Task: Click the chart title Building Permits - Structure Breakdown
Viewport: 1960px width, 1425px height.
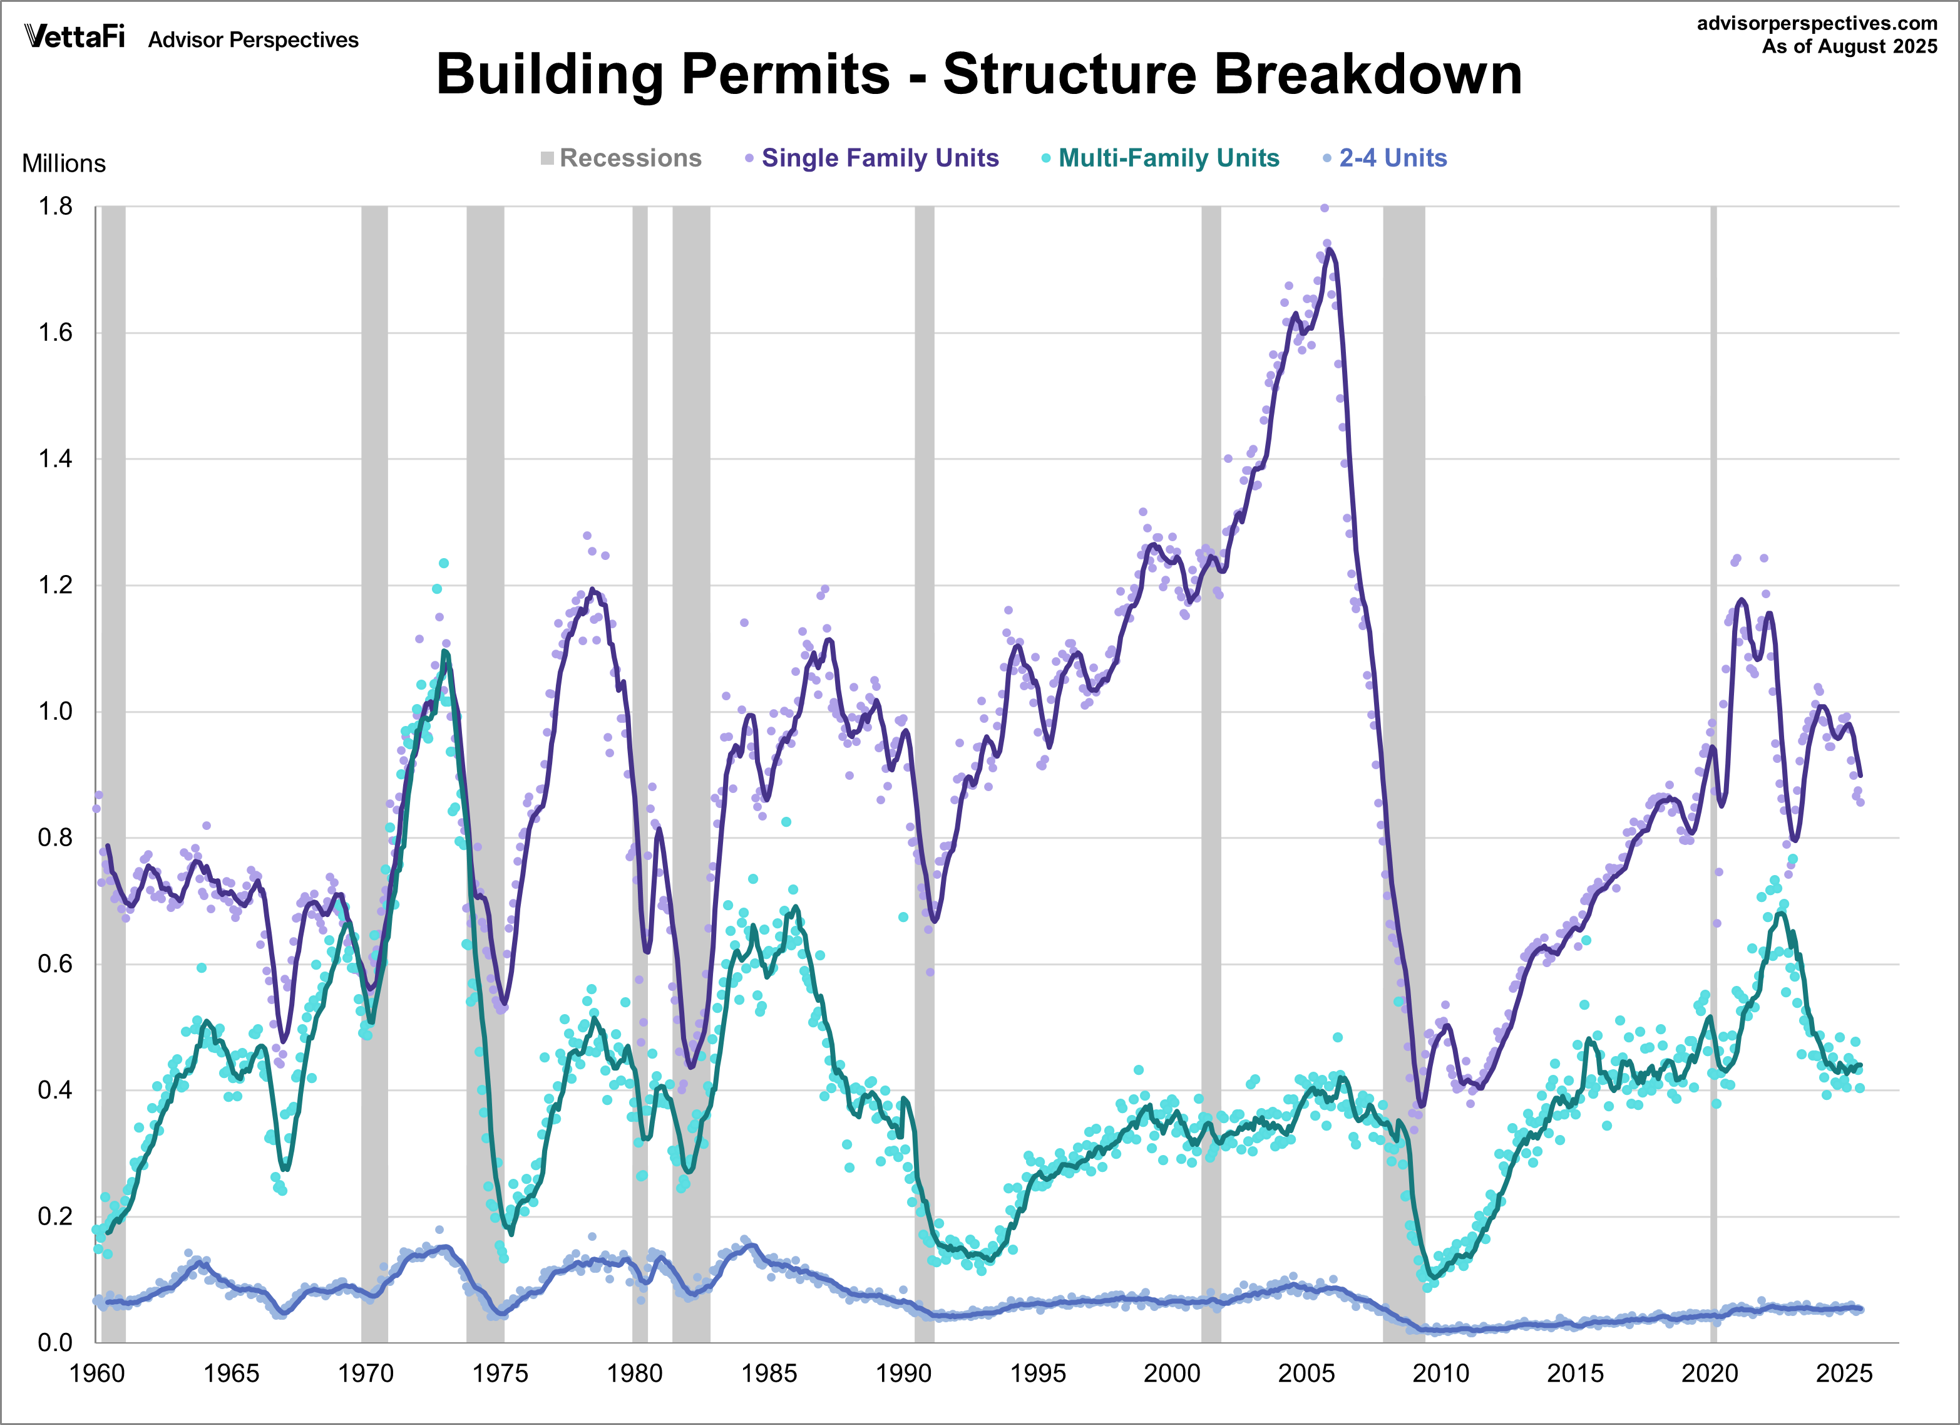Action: tap(978, 75)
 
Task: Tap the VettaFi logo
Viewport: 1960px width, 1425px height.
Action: tap(75, 37)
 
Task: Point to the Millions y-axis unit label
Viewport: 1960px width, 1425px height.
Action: tap(64, 163)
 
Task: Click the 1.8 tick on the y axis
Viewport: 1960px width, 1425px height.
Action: tap(55, 207)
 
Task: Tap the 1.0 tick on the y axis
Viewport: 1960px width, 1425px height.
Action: tap(55, 712)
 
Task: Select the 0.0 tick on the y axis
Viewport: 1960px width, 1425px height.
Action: tap(55, 1343)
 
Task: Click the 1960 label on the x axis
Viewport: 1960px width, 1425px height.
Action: tap(97, 1373)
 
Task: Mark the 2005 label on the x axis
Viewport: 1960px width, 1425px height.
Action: tap(1306, 1373)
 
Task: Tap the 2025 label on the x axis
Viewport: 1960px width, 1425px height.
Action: tap(1844, 1373)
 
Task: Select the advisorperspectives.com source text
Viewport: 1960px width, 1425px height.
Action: tap(1817, 23)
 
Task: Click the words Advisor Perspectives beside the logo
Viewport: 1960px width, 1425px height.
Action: tap(253, 40)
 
